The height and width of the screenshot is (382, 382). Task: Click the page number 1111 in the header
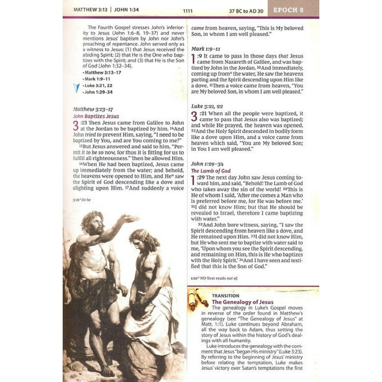[188, 10]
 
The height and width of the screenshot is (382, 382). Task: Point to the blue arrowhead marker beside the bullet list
[76, 88]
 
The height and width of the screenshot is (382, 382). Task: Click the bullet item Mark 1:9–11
[97, 79]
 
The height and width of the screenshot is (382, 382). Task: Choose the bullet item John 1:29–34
[98, 92]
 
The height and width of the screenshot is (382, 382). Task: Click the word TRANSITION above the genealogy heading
[225, 295]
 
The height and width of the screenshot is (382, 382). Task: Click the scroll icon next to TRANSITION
[198, 299]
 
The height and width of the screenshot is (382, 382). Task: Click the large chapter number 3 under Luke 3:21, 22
[194, 116]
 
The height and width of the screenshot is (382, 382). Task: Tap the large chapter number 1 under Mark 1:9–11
[193, 60]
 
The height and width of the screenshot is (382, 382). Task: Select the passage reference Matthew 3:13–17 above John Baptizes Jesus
[93, 109]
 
